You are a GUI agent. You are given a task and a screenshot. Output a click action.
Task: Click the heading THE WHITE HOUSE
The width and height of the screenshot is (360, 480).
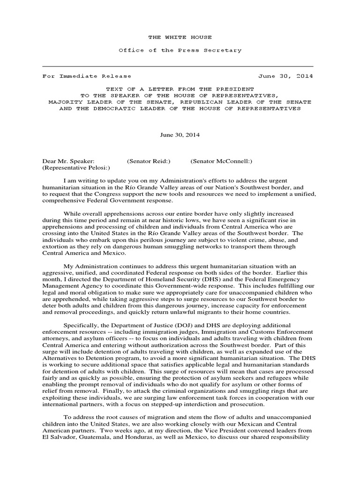[180, 37]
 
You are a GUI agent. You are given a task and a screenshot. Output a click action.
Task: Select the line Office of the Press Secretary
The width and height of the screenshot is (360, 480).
[180, 50]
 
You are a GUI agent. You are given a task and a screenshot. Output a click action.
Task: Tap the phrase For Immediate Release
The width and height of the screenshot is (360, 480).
[87, 76]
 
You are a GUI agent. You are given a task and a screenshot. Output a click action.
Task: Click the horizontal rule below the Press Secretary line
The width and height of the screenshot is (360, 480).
[178, 67]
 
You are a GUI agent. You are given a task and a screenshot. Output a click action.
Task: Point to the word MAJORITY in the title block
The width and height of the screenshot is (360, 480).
[66, 102]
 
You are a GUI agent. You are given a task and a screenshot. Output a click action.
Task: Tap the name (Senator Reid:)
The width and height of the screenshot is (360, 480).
[149, 161]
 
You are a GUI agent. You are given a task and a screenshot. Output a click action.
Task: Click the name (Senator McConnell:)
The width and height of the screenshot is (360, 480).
[221, 161]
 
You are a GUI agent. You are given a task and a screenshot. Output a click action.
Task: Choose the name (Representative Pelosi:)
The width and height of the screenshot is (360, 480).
[76, 168]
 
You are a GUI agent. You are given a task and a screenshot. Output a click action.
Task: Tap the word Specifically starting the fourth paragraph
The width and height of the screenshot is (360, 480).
[80, 325]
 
